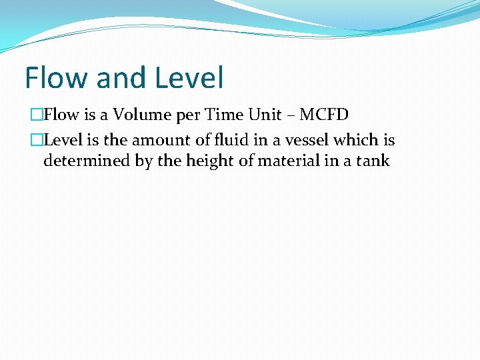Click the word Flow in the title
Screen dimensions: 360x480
pos(56,78)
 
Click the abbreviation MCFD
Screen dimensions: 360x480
pos(324,115)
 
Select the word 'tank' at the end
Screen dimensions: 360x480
pos(373,161)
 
